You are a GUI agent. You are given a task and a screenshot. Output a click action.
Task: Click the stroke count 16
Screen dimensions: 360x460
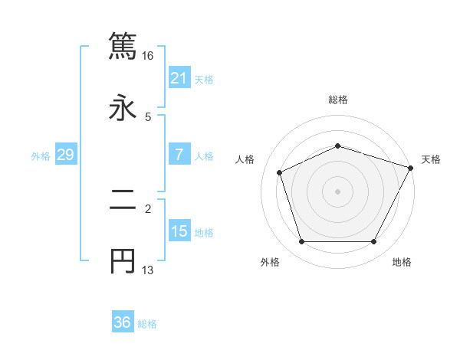pyautogui.click(x=148, y=56)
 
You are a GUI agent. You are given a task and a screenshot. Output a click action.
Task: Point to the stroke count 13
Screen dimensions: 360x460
pyautogui.click(x=148, y=270)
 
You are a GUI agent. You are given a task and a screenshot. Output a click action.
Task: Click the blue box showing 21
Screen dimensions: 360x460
pyautogui.click(x=179, y=78)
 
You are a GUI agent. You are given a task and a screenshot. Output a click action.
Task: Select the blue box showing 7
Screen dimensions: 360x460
pyautogui.click(x=179, y=155)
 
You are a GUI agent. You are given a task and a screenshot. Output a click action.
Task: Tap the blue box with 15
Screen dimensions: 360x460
pyautogui.click(x=179, y=231)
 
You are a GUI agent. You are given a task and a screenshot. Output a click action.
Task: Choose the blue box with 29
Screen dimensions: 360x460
pyautogui.click(x=65, y=155)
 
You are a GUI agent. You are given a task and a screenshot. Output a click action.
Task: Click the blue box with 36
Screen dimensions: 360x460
pyautogui.click(x=122, y=322)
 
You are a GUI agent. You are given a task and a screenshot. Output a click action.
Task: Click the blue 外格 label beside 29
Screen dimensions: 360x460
pyautogui.click(x=41, y=155)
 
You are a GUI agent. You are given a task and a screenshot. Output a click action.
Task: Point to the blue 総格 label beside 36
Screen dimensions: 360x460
pyautogui.click(x=147, y=324)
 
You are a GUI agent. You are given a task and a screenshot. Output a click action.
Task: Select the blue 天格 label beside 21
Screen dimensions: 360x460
pyautogui.click(x=204, y=79)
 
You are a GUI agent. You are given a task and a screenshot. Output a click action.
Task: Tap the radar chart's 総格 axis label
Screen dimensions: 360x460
pyautogui.click(x=337, y=100)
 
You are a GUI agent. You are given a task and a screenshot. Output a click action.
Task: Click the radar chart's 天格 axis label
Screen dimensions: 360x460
pyautogui.click(x=431, y=159)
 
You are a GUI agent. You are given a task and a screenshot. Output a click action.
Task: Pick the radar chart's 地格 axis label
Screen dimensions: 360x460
pyautogui.click(x=402, y=262)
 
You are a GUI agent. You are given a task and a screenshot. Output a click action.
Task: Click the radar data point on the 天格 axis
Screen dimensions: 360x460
pyautogui.click(x=412, y=166)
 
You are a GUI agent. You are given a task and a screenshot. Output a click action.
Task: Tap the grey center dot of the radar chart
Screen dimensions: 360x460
pyautogui.click(x=337, y=191)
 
